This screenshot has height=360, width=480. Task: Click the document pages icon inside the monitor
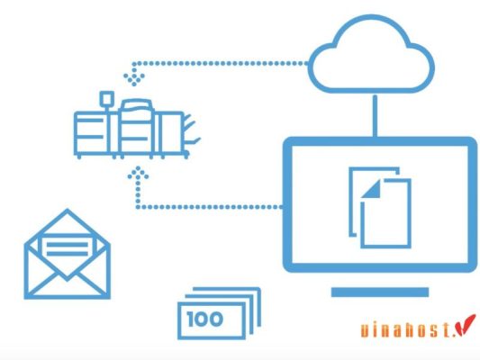pyautogui.click(x=377, y=204)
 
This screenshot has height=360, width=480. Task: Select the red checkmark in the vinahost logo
pyautogui.click(x=466, y=326)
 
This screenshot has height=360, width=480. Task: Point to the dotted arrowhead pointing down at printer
pyautogui.click(x=137, y=71)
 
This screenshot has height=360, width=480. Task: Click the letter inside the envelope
pyautogui.click(x=67, y=245)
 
